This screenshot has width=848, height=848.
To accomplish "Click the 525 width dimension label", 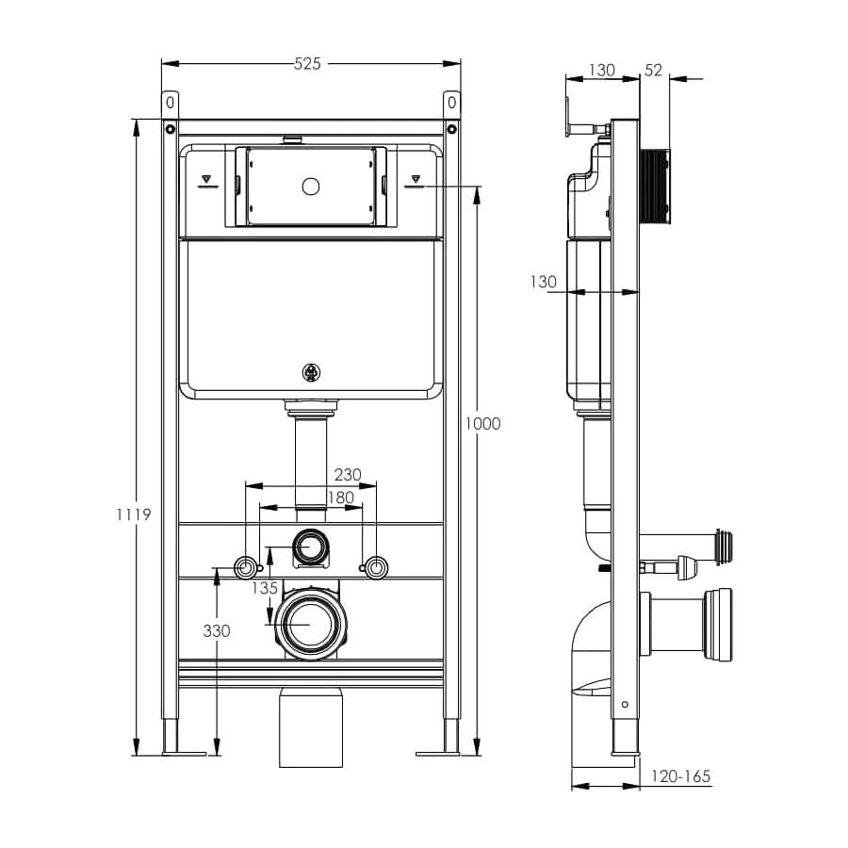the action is tap(307, 64).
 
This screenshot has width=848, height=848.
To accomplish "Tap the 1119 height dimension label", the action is tap(134, 514).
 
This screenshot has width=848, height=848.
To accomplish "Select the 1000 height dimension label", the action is tap(483, 423).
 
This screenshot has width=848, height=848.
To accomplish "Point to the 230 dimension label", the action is tap(347, 474).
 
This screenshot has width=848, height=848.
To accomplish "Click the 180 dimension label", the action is tap(341, 497).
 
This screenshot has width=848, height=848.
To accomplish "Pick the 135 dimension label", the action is tap(265, 588).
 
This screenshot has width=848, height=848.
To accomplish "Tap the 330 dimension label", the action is tap(217, 630).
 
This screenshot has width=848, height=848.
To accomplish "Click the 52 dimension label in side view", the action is tap(653, 71).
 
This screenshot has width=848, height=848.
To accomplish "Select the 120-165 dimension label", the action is tap(680, 776).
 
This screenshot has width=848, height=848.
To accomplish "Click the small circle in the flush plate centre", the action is tap(310, 187).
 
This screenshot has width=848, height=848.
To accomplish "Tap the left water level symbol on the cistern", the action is tap(207, 181).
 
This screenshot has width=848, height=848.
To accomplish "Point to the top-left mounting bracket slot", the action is tap(170, 102).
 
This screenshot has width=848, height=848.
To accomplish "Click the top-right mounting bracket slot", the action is tap(452, 102).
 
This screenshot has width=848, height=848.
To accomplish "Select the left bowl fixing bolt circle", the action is tap(245, 568).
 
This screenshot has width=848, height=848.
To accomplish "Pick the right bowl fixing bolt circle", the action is tap(376, 568).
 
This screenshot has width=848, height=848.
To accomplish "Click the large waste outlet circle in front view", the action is tap(310, 624).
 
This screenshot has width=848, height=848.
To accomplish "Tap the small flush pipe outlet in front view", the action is tap(310, 546).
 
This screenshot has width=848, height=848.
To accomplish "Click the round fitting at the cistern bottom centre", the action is tap(311, 372).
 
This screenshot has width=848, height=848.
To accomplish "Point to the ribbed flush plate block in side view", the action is tap(655, 187).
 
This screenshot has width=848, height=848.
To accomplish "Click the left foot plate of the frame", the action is tap(184, 754).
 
